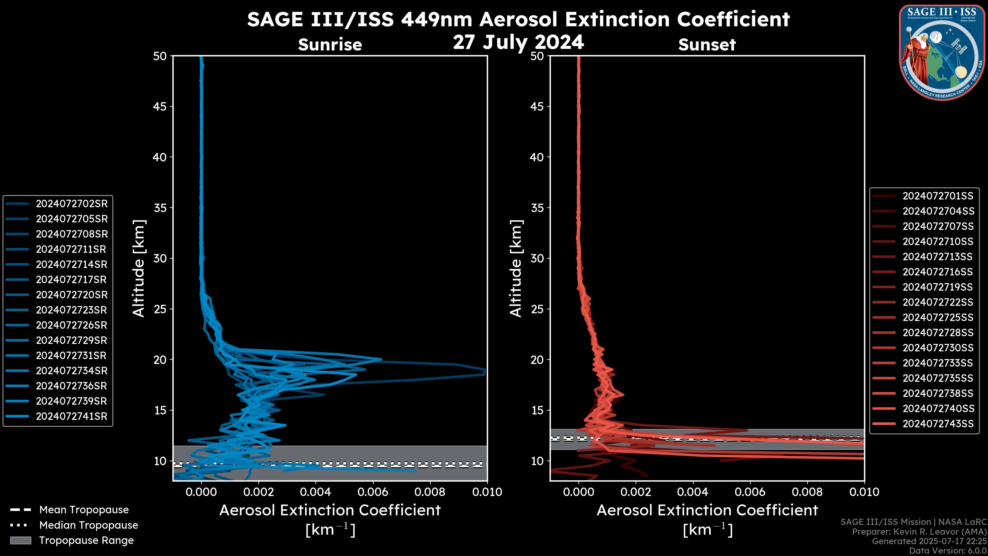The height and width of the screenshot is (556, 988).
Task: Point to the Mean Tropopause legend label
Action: (84, 510)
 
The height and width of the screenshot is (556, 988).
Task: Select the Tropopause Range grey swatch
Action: (20, 540)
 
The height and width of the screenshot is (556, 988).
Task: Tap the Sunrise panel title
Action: (330, 45)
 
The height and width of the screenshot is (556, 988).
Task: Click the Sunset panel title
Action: (707, 45)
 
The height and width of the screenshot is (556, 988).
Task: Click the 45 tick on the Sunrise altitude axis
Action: (160, 106)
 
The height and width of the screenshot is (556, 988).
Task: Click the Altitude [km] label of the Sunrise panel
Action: (138, 268)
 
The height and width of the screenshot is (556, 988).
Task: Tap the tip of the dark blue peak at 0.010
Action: (485, 371)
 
